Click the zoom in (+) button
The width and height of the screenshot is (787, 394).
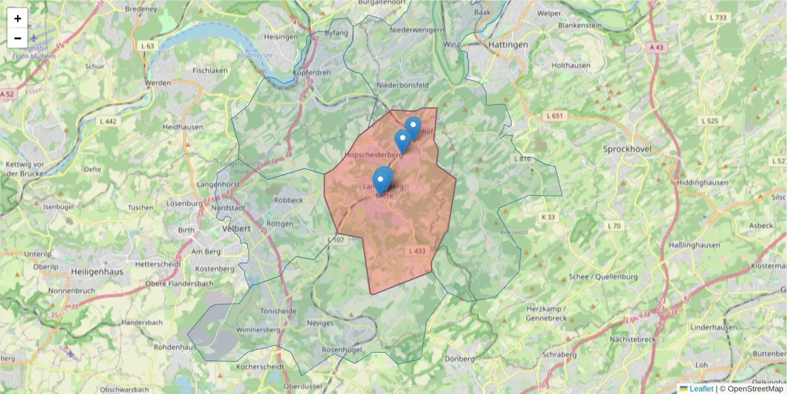coord(18,18)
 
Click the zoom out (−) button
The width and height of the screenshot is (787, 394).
coord(18,38)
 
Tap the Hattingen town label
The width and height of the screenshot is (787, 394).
coord(508,44)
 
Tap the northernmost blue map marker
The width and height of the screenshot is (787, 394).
coord(413,125)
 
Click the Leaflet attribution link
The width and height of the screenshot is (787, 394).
coord(701,389)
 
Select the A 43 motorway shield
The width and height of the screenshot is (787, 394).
coord(657,47)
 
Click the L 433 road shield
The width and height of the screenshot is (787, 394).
coord(416,251)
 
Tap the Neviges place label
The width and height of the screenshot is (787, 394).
coord(320,323)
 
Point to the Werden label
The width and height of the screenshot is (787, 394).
coord(157,83)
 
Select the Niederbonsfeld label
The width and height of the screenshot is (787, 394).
coord(403,85)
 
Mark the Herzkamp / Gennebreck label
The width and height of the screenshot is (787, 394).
coord(546,313)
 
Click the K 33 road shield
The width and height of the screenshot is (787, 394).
coord(548,217)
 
